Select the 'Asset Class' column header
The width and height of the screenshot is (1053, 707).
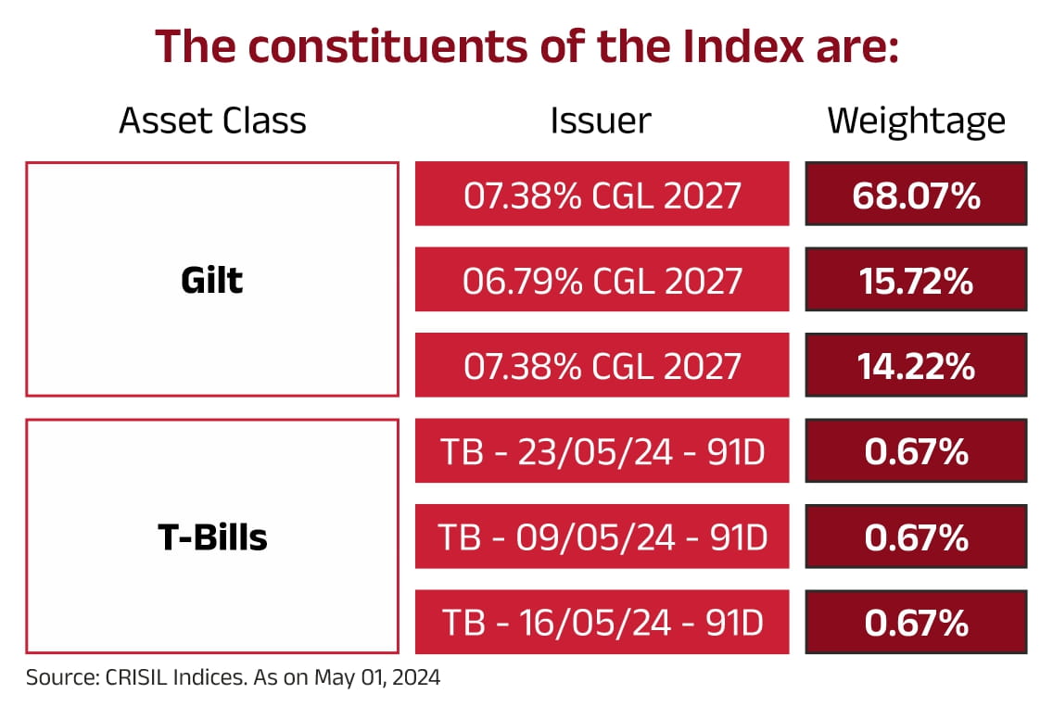click(x=212, y=120)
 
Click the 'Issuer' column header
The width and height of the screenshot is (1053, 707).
click(x=601, y=120)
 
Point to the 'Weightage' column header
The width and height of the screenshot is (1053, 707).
click(x=916, y=120)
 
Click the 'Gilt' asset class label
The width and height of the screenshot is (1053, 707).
click(x=212, y=280)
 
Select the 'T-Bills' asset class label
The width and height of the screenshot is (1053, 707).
click(x=212, y=537)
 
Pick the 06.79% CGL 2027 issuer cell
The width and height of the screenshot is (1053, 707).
click(x=602, y=280)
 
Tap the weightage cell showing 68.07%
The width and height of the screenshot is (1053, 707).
click(x=916, y=195)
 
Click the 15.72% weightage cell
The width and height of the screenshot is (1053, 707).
click(x=916, y=280)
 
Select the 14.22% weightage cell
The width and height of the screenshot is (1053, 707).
click(x=916, y=366)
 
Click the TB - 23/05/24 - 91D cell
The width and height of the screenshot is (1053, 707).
click(x=602, y=451)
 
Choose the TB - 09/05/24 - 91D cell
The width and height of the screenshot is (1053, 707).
click(x=602, y=537)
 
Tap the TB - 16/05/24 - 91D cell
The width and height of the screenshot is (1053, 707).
click(x=602, y=623)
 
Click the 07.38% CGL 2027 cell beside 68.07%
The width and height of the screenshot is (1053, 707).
click(x=602, y=195)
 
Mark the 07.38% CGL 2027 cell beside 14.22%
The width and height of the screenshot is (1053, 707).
click(x=602, y=366)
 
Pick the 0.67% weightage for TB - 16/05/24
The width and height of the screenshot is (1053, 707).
click(x=916, y=623)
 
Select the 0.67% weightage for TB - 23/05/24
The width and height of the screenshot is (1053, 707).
click(x=916, y=451)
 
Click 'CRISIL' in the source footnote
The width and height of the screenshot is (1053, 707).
click(x=122, y=677)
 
